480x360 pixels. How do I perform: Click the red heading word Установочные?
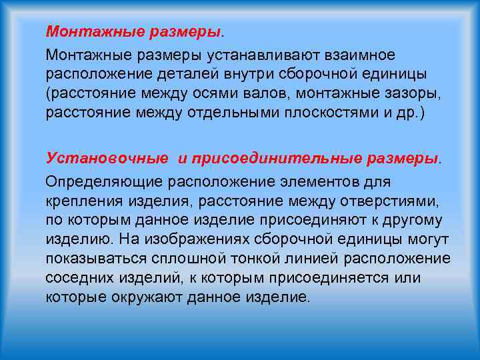[107, 158]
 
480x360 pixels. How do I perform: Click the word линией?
[273, 259]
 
